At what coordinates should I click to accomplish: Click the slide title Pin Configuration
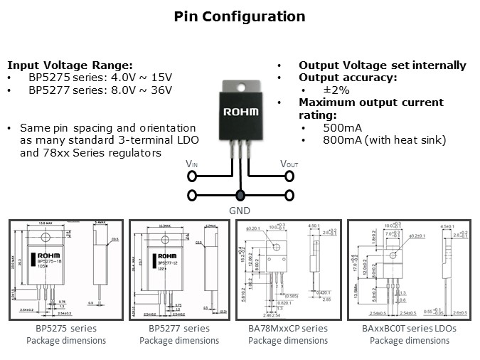[x=240, y=16]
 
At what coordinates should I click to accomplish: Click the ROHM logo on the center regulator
[x=241, y=112]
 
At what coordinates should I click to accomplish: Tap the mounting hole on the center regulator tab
[x=241, y=88]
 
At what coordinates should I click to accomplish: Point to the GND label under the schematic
[x=240, y=211]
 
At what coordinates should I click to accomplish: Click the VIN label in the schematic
[x=192, y=164]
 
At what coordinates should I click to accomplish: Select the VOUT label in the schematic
[x=289, y=164]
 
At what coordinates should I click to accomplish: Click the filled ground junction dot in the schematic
[x=240, y=195]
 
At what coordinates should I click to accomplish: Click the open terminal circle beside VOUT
[x=289, y=175]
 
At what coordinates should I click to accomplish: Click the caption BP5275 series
[x=66, y=328]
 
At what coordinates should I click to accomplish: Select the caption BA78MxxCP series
[x=289, y=328]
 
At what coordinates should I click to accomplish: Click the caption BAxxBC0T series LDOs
[x=410, y=328]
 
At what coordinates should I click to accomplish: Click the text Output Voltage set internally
[x=382, y=65]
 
